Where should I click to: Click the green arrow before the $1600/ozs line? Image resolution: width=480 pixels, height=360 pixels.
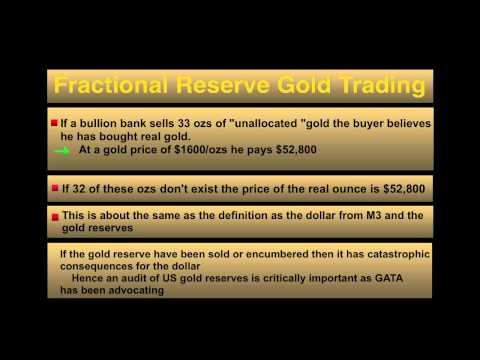tap(61, 151)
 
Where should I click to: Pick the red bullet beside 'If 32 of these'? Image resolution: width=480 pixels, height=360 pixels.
tap(54, 186)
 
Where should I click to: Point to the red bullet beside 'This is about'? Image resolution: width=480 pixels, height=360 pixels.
tap(54, 216)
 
